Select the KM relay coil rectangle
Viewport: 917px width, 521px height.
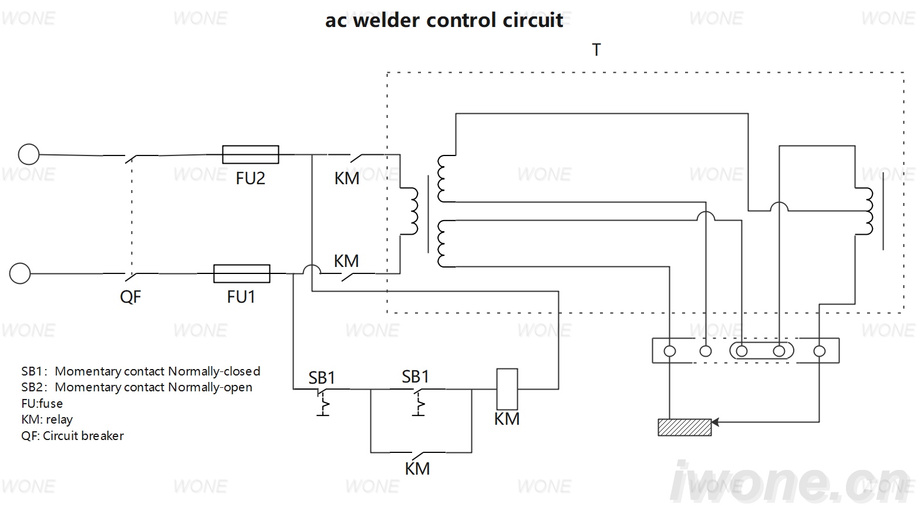[507, 389]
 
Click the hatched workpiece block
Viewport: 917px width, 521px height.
[685, 427]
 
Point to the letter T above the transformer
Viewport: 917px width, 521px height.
[596, 50]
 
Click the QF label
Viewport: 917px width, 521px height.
[130, 297]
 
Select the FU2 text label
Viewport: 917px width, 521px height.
[251, 178]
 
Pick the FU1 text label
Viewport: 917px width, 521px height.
[241, 297]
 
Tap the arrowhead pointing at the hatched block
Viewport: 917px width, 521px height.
[715, 422]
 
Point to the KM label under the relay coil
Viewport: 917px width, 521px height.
[507, 419]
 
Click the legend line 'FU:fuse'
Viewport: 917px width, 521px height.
[42, 404]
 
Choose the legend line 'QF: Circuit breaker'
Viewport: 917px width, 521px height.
[72, 436]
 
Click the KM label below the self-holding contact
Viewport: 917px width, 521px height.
[417, 469]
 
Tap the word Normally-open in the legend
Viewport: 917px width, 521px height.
[210, 388]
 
